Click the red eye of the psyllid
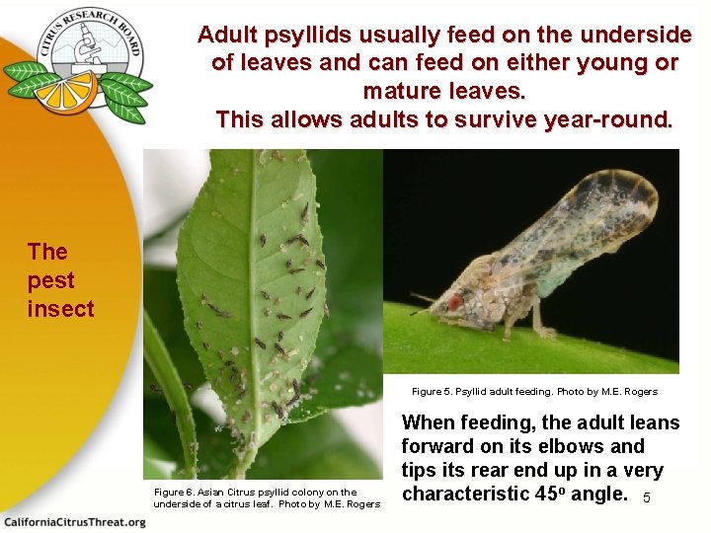455,302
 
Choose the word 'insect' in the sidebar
61,309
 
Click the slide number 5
647,497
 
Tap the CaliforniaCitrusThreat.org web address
74,521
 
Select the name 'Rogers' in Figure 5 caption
639,392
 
